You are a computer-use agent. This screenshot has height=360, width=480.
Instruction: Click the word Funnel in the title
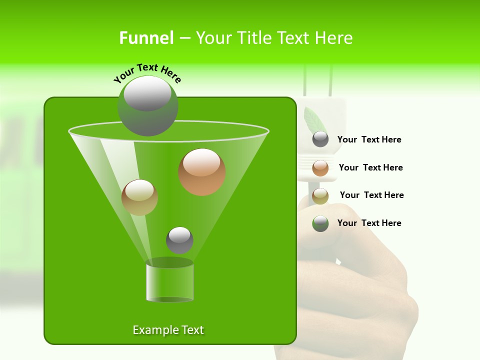click(x=146, y=38)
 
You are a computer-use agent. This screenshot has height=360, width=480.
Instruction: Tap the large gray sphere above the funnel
click(x=147, y=105)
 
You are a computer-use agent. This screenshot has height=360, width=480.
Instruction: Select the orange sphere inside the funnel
click(x=202, y=172)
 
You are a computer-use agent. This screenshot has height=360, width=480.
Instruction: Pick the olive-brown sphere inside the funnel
click(x=139, y=197)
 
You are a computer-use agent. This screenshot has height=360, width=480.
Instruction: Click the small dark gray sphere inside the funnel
click(x=179, y=240)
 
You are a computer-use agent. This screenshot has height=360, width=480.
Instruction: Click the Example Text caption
click(x=168, y=330)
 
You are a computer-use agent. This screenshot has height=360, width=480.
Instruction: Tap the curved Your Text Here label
click(x=147, y=73)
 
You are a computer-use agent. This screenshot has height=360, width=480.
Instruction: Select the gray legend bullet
click(x=320, y=139)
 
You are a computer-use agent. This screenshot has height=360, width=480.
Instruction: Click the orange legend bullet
click(x=320, y=168)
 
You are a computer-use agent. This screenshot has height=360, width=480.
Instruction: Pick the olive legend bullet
click(x=320, y=196)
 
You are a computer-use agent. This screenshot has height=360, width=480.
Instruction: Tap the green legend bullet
click(x=320, y=223)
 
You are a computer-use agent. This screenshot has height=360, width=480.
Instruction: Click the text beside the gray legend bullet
click(x=369, y=140)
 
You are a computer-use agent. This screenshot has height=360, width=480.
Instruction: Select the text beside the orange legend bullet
click(x=370, y=168)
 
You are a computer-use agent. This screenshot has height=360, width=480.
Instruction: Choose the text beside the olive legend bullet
click(x=371, y=195)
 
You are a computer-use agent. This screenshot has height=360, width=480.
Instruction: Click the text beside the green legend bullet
click(x=369, y=223)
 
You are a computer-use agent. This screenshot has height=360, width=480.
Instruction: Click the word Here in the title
click(x=334, y=38)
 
